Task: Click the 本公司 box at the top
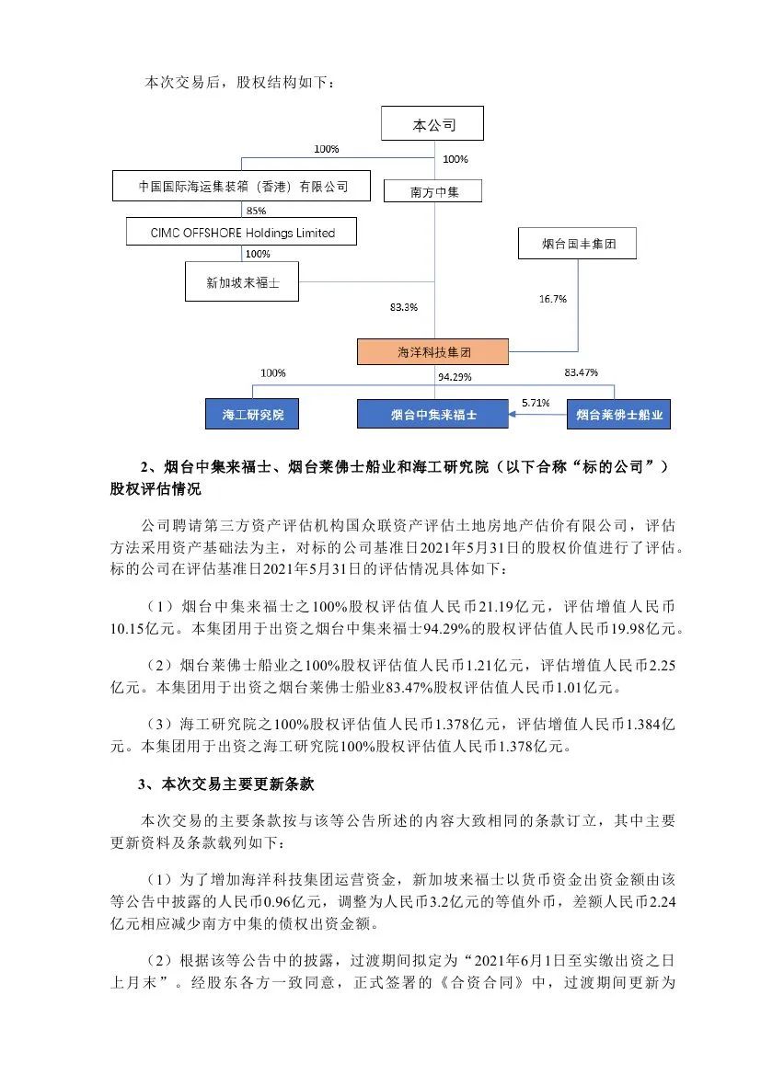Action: [433, 125]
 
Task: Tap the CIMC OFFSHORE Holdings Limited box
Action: [242, 233]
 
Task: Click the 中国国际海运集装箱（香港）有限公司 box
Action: [243, 186]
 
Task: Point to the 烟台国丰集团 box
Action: [577, 245]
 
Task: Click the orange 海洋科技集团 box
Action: [432, 351]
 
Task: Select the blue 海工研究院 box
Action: [253, 415]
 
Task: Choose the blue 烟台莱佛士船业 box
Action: [617, 415]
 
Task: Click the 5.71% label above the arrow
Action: [535, 403]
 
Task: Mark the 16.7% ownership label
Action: [552, 299]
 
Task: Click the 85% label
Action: [244, 210]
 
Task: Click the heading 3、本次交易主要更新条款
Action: [226, 784]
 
